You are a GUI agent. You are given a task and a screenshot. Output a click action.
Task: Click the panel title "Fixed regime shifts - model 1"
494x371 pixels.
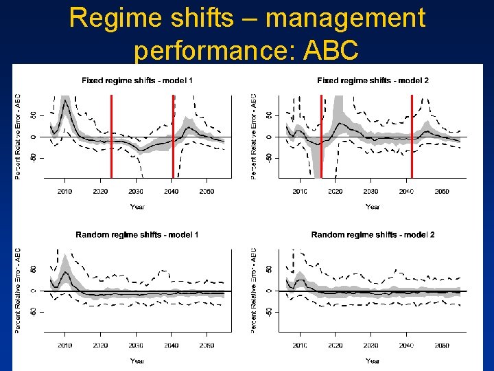point(137,81)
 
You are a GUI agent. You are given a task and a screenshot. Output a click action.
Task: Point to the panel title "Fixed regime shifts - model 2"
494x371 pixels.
point(373,81)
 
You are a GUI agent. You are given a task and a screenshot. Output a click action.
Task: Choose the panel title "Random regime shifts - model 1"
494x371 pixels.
point(137,235)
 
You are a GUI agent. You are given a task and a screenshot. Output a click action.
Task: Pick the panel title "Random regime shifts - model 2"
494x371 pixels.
point(373,235)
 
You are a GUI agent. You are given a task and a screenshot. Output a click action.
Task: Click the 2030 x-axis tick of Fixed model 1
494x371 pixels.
point(136,192)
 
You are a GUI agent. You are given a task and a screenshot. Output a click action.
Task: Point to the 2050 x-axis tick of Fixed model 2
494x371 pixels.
point(443,192)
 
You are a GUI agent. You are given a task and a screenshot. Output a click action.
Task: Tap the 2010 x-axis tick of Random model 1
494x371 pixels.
point(64,346)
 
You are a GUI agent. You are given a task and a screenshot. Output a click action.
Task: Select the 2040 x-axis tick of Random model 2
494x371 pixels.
point(407,346)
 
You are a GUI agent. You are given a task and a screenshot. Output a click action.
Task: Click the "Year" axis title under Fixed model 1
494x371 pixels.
point(137,206)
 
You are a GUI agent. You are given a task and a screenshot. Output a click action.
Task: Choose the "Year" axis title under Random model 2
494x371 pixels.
point(373,360)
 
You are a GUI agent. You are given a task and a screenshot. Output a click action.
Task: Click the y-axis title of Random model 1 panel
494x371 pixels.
point(18,291)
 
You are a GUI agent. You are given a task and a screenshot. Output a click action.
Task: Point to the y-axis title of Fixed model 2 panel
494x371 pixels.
point(254,137)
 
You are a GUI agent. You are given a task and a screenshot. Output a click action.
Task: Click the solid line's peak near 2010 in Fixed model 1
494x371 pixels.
point(64,102)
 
